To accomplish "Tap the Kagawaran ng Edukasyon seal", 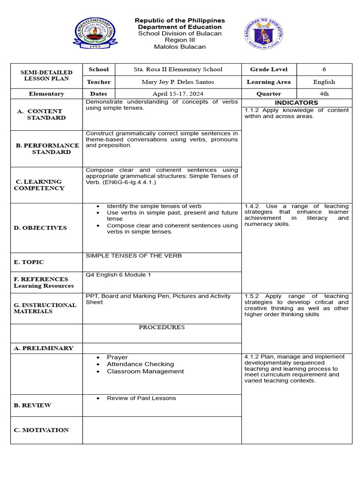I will coord(264,33).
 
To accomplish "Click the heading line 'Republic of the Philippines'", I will coord(180,21).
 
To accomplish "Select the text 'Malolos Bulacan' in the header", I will coord(180,47).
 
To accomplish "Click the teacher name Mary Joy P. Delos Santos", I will coord(177,82).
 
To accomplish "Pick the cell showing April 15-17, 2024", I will coord(177,94).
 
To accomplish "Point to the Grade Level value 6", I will coord(324,69).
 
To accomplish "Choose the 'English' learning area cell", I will coord(324,82).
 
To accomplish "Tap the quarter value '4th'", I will coord(324,94).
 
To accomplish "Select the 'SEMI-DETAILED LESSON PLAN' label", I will coord(46,75).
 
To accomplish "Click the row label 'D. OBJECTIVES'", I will coord(40,228).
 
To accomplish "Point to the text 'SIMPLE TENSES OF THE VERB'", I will coord(134,256).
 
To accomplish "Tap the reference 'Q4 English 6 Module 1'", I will coord(118,275).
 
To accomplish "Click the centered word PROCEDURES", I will coord(162,327).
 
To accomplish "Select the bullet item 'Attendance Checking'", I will coord(140,364).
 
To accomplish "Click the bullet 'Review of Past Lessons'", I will coord(141,398).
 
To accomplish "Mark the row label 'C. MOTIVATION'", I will coord(41,430).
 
